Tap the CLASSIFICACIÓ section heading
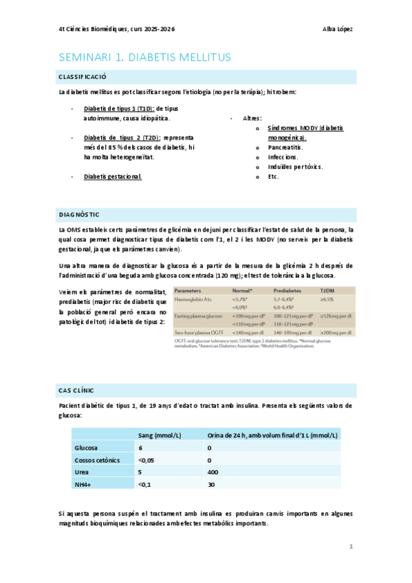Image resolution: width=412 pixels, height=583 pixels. (82, 76)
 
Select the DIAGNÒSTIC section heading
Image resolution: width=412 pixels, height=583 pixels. (79, 214)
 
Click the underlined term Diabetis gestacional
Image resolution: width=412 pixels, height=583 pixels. (112, 177)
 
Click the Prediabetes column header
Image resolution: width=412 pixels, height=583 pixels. (289, 291)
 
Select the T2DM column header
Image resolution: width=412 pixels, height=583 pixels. (327, 291)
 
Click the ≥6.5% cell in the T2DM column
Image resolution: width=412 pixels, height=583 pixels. (327, 300)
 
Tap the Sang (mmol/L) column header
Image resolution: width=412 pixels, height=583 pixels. (160, 435)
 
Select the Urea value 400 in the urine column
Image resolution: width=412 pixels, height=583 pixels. (213, 472)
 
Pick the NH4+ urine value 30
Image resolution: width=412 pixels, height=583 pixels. (211, 485)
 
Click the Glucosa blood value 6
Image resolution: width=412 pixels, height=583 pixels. (140, 448)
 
